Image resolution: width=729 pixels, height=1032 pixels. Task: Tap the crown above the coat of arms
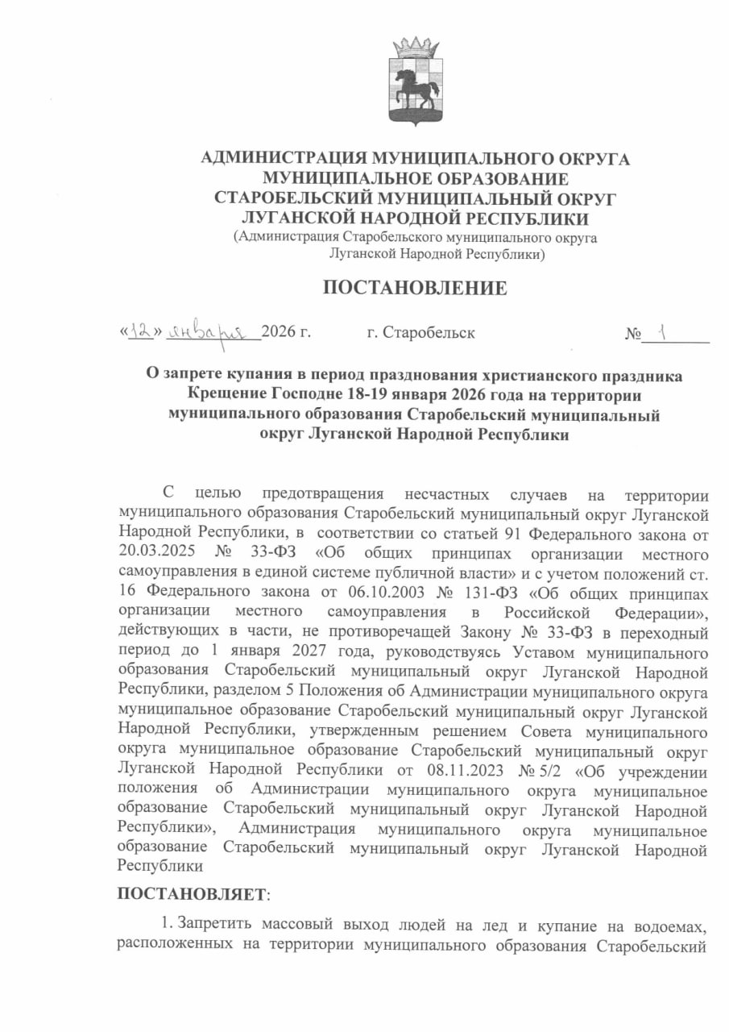click(x=415, y=48)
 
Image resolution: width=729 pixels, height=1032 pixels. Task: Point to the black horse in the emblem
click(x=418, y=86)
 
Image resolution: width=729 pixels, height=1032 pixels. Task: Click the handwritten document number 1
click(x=661, y=331)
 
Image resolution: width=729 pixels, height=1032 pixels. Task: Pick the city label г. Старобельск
click(x=420, y=332)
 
